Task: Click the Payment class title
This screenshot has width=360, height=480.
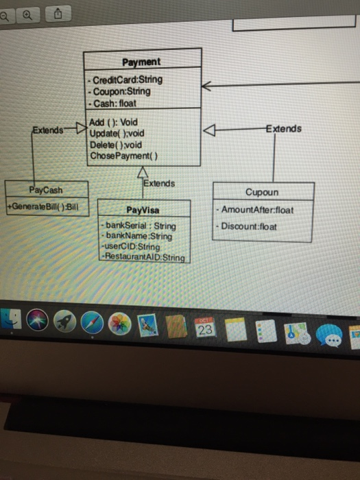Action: tap(141, 62)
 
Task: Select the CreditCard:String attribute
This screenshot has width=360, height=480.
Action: tap(125, 80)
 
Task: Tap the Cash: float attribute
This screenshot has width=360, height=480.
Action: tap(112, 104)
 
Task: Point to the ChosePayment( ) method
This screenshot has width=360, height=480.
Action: tap(124, 156)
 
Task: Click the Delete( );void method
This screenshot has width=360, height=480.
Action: tap(116, 145)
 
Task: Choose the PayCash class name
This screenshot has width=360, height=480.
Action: tap(46, 190)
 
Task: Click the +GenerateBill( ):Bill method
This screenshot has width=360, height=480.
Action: tap(43, 206)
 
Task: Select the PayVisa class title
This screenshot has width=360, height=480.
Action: tap(143, 210)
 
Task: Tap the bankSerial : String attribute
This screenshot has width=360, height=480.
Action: tap(139, 226)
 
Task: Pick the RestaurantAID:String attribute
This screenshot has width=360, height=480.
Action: tap(143, 256)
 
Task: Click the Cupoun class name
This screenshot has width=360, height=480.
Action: tap(262, 192)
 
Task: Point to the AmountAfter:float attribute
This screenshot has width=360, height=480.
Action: tap(255, 210)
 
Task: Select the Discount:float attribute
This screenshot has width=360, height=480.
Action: tap(246, 226)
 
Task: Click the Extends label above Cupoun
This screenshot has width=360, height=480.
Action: tap(284, 129)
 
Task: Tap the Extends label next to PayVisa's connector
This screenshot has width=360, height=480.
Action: tap(159, 183)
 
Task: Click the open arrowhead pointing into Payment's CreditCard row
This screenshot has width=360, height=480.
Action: tap(206, 86)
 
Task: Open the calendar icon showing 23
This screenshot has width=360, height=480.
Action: tap(205, 328)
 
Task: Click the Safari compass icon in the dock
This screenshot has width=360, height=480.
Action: tap(92, 323)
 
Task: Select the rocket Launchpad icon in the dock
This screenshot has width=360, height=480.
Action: tap(64, 322)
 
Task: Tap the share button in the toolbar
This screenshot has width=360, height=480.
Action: tap(58, 14)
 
